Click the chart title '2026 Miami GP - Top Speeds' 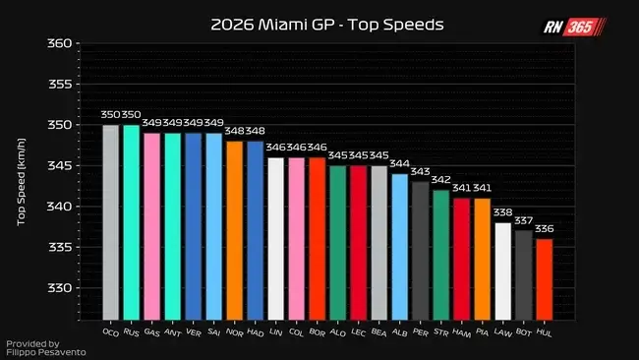coord(326,25)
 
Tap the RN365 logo coord(575,27)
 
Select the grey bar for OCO coord(110,222)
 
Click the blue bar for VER coord(193,226)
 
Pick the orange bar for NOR coord(234,231)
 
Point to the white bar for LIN coord(276,239)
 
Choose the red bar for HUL coord(545,279)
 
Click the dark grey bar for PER coord(420,251)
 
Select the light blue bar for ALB coord(400,247)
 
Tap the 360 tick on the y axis coord(60,43)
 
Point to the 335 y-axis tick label coord(60,247)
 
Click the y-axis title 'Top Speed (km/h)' coord(22,182)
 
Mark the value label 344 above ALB coord(399,163)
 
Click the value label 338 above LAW coord(503,212)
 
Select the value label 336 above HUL coord(545,229)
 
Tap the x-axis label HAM coord(461,333)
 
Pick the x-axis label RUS coord(131,332)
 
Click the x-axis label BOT coord(524,332)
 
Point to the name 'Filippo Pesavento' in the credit coord(46,353)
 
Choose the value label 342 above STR coord(441,180)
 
